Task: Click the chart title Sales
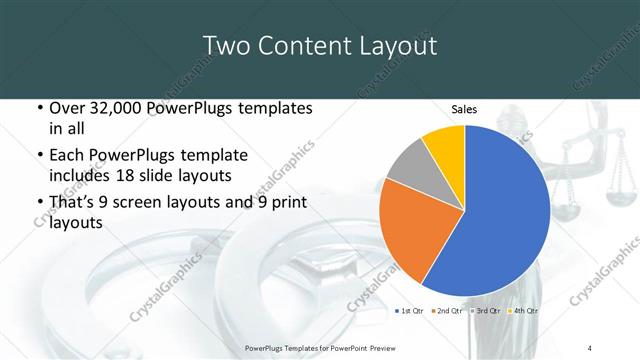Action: click(464, 109)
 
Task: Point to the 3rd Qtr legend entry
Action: click(487, 312)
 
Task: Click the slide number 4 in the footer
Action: click(590, 347)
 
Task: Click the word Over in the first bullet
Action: click(65, 108)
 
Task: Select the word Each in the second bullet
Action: click(66, 155)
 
